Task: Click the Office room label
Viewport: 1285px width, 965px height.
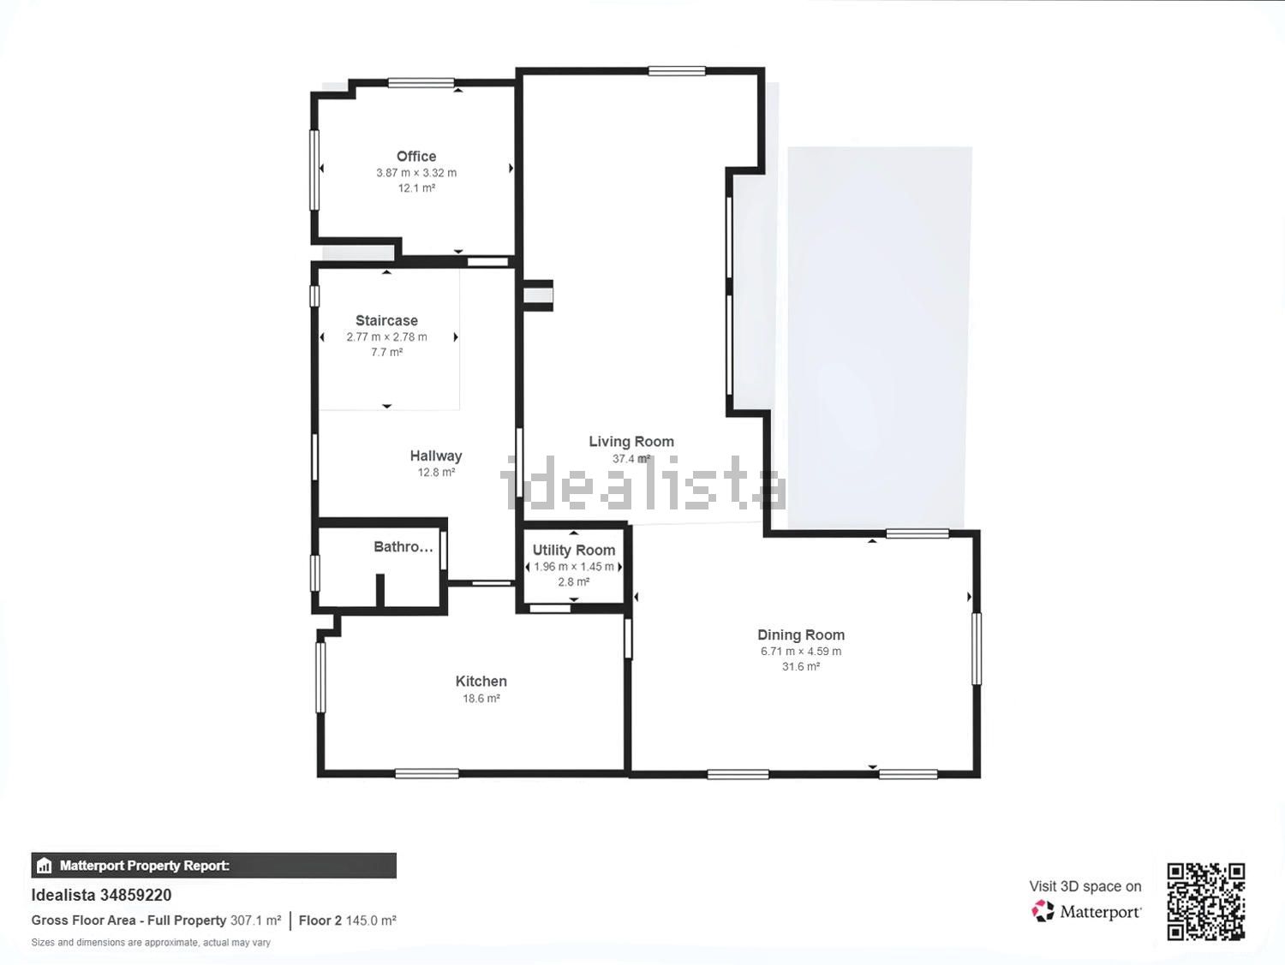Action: (416, 156)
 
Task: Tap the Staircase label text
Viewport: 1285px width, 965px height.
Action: (387, 321)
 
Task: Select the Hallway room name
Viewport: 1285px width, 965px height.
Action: (436, 456)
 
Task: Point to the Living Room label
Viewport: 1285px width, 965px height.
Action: (631, 442)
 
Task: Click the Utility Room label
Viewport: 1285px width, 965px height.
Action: (574, 550)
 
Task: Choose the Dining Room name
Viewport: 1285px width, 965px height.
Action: (801, 635)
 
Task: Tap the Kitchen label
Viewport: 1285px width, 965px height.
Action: (481, 682)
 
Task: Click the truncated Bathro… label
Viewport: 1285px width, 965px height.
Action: (403, 546)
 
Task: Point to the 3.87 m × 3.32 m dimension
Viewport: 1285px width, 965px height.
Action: (416, 173)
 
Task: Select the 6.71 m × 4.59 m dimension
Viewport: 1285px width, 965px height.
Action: (801, 652)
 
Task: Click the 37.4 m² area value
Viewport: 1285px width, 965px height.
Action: (631, 459)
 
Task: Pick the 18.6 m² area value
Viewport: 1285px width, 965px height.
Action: (481, 698)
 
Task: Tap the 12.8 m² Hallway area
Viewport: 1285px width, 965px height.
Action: (436, 473)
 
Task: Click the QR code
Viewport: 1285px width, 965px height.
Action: (1206, 902)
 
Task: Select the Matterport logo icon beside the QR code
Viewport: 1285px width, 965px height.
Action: (1043, 911)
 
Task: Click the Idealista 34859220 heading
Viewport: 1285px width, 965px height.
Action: (101, 896)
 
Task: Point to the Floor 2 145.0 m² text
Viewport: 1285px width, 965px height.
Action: (348, 920)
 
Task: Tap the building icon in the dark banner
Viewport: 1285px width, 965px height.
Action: (44, 866)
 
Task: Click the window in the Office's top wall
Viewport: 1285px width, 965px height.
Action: (421, 83)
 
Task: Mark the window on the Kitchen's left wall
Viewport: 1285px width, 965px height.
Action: (320, 677)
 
